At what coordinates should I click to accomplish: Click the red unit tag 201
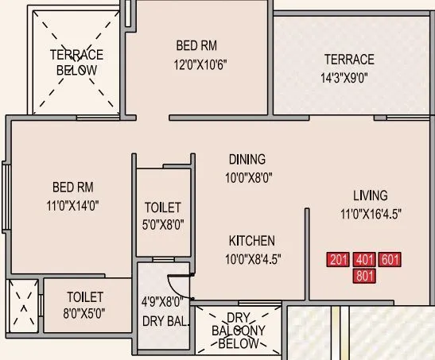point(340,260)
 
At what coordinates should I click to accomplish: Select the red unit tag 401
point(365,260)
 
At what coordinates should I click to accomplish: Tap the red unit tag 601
point(390,260)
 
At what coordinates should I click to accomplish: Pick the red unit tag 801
point(365,277)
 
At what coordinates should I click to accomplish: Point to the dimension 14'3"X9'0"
point(348,79)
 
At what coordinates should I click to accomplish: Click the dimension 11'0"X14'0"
point(73,206)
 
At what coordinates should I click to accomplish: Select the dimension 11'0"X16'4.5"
point(371,215)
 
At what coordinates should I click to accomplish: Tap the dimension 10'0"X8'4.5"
point(252,258)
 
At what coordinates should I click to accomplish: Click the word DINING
point(247,159)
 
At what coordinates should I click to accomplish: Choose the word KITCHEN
point(252,241)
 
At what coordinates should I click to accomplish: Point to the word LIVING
point(371,195)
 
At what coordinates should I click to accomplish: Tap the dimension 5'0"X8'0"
point(163,225)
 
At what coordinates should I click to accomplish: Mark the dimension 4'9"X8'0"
point(162,302)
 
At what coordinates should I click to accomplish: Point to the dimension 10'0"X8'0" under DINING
point(247,179)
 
